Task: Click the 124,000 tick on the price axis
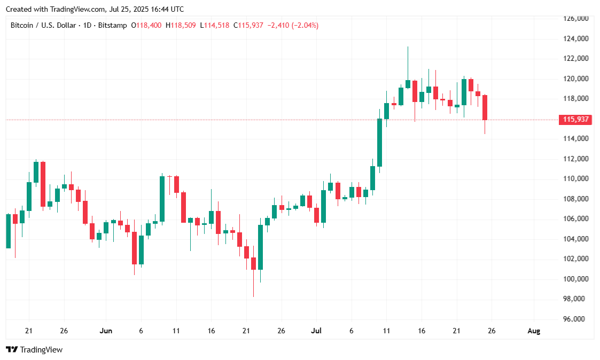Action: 575,38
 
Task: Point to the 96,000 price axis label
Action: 575,319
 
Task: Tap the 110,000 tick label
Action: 575,178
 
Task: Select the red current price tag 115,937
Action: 575,120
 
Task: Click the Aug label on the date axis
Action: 533,331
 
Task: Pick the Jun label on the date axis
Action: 106,331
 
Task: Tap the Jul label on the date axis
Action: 317,331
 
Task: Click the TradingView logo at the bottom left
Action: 34,350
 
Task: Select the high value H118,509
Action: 181,25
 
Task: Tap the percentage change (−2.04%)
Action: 305,25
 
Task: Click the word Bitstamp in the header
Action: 113,25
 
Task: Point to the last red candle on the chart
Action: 485,107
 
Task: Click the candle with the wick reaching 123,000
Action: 408,84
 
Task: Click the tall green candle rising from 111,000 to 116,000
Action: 379,142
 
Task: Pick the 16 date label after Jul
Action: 422,331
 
